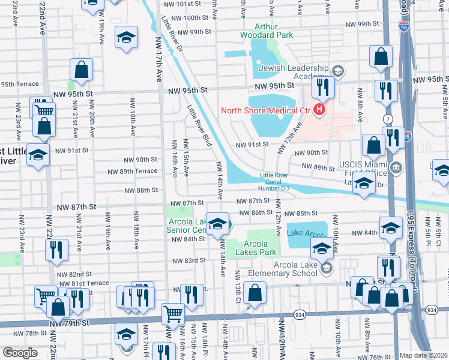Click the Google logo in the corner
pos(20,353)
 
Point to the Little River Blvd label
pos(199,126)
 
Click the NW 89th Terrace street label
pos(132,171)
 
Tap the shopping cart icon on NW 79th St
pos(173,313)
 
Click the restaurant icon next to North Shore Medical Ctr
pos(323,88)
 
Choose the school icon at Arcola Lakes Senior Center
pos(217,223)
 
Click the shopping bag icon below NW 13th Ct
pos(255,293)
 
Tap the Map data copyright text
pos(423,355)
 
